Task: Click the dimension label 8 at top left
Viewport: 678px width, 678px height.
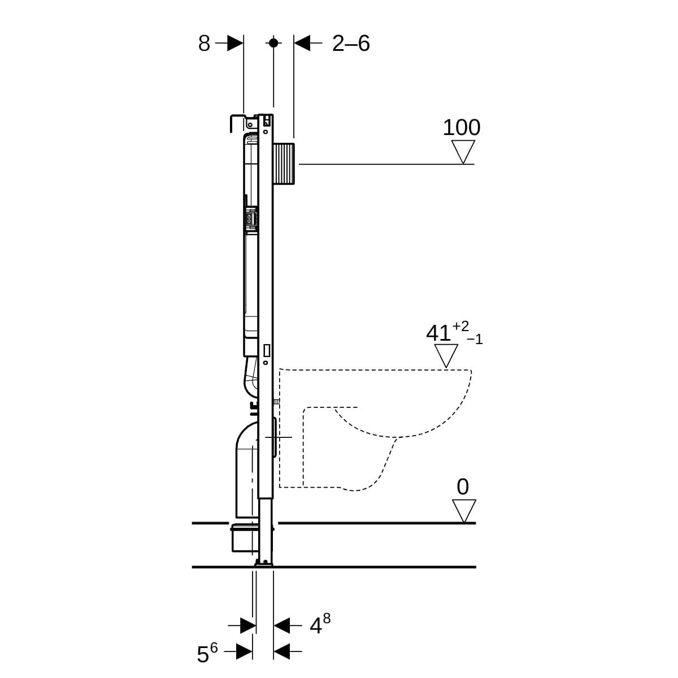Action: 204,44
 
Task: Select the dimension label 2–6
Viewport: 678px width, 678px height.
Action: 351,44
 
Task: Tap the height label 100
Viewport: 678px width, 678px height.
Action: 461,127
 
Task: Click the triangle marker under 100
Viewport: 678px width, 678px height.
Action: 463,151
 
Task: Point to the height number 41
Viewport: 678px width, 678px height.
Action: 438,333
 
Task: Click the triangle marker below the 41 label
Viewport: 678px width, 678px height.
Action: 446,356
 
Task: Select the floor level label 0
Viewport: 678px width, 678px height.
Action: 463,487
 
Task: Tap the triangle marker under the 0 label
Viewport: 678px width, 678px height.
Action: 464,511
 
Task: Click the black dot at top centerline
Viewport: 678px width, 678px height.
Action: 273,43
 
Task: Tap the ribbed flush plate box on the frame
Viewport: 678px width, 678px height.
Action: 284,164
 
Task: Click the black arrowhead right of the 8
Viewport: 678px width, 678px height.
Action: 235,43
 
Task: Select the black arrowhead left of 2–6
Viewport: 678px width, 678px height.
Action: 302,43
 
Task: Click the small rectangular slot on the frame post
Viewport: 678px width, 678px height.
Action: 266,350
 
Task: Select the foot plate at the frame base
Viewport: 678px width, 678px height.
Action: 264,564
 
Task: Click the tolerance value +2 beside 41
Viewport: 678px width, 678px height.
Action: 460,326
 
